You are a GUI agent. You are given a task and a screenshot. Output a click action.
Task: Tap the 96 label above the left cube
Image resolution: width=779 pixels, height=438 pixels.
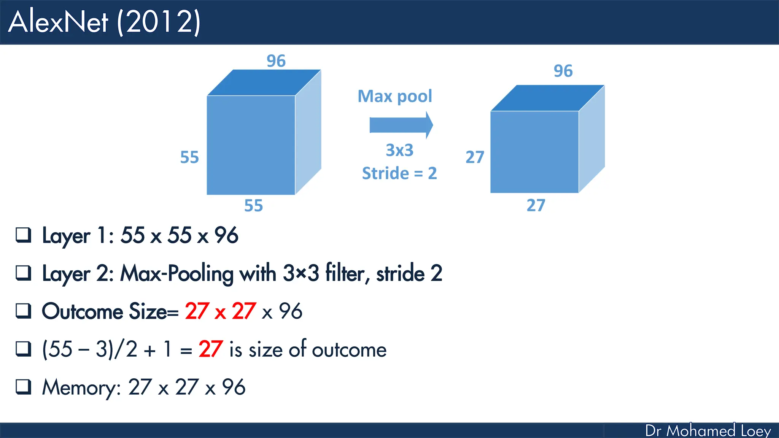(x=276, y=61)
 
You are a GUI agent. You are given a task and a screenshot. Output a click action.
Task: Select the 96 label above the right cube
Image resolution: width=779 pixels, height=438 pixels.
(x=563, y=71)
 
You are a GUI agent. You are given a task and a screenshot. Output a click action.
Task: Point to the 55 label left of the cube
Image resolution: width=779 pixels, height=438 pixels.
(x=189, y=157)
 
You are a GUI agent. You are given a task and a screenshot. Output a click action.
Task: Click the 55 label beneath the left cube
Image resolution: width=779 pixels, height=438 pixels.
(x=253, y=206)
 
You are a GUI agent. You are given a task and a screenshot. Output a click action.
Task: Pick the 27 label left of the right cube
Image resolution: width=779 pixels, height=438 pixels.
(x=475, y=157)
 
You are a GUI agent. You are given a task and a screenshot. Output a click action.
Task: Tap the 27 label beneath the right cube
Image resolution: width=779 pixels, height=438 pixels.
(x=536, y=205)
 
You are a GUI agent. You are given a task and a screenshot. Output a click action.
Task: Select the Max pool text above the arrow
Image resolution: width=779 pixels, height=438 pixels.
(x=395, y=97)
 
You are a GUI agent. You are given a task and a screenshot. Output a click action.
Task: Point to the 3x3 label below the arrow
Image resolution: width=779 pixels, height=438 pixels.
(x=399, y=150)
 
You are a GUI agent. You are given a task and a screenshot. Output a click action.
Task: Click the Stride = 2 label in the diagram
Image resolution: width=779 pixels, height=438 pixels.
(x=399, y=173)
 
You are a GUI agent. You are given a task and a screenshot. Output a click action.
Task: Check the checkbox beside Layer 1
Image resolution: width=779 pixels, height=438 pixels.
(x=23, y=235)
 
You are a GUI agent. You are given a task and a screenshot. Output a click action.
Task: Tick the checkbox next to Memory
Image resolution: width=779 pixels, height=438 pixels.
(x=23, y=387)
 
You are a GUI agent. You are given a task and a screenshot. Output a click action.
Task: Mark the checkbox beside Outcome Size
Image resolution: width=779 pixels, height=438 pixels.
(x=23, y=311)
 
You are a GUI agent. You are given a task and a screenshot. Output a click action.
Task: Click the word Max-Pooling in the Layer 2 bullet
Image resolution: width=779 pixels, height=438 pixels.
(x=176, y=273)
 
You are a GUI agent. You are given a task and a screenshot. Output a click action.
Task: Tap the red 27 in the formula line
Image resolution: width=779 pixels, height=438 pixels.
(x=210, y=349)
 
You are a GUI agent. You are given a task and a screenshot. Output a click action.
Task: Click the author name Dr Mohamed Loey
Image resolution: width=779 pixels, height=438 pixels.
(x=708, y=431)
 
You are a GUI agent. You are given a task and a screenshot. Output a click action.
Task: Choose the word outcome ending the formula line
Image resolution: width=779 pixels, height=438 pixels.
(x=349, y=350)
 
